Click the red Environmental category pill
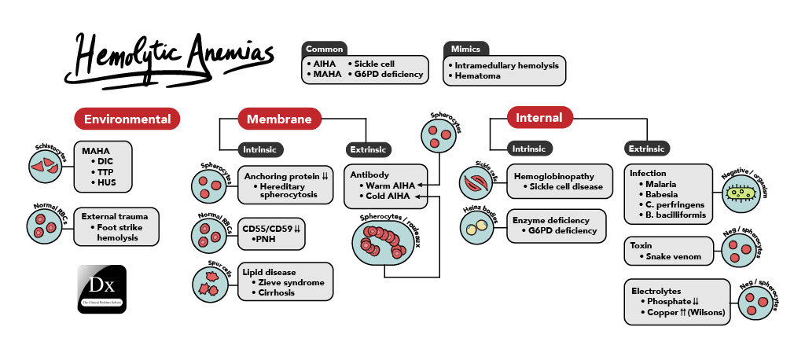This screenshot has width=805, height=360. (127, 119)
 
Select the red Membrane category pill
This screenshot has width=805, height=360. (280, 119)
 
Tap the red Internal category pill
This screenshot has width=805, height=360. (539, 118)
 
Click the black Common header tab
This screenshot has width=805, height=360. (325, 48)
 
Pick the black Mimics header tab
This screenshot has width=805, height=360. (465, 48)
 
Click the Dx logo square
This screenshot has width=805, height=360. (102, 288)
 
